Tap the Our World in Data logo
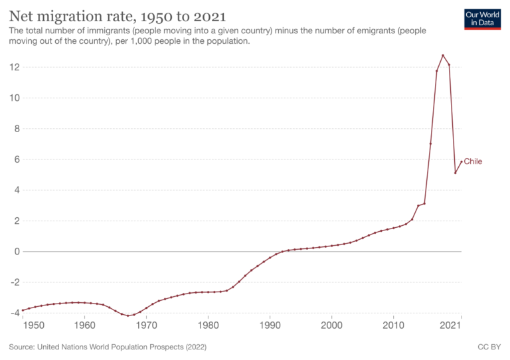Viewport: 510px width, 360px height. pyautogui.click(x=483, y=19)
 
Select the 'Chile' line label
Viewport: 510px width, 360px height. pyautogui.click(x=473, y=161)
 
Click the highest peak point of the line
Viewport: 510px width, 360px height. pyautogui.click(x=443, y=55)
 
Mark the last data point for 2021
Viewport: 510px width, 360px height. pyautogui.click(x=462, y=161)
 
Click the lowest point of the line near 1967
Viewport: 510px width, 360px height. pyautogui.click(x=127, y=315)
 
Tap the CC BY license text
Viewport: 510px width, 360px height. pyautogui.click(x=489, y=347)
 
